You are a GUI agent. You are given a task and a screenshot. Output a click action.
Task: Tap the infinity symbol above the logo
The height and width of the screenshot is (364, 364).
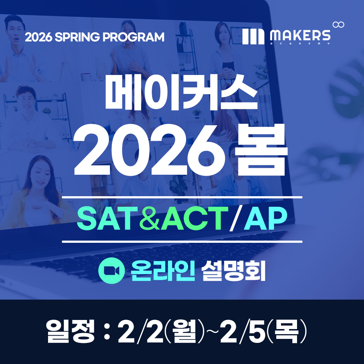pos(339,24)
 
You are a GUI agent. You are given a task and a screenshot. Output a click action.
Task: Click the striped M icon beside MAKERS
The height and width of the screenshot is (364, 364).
pos(253,36)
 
